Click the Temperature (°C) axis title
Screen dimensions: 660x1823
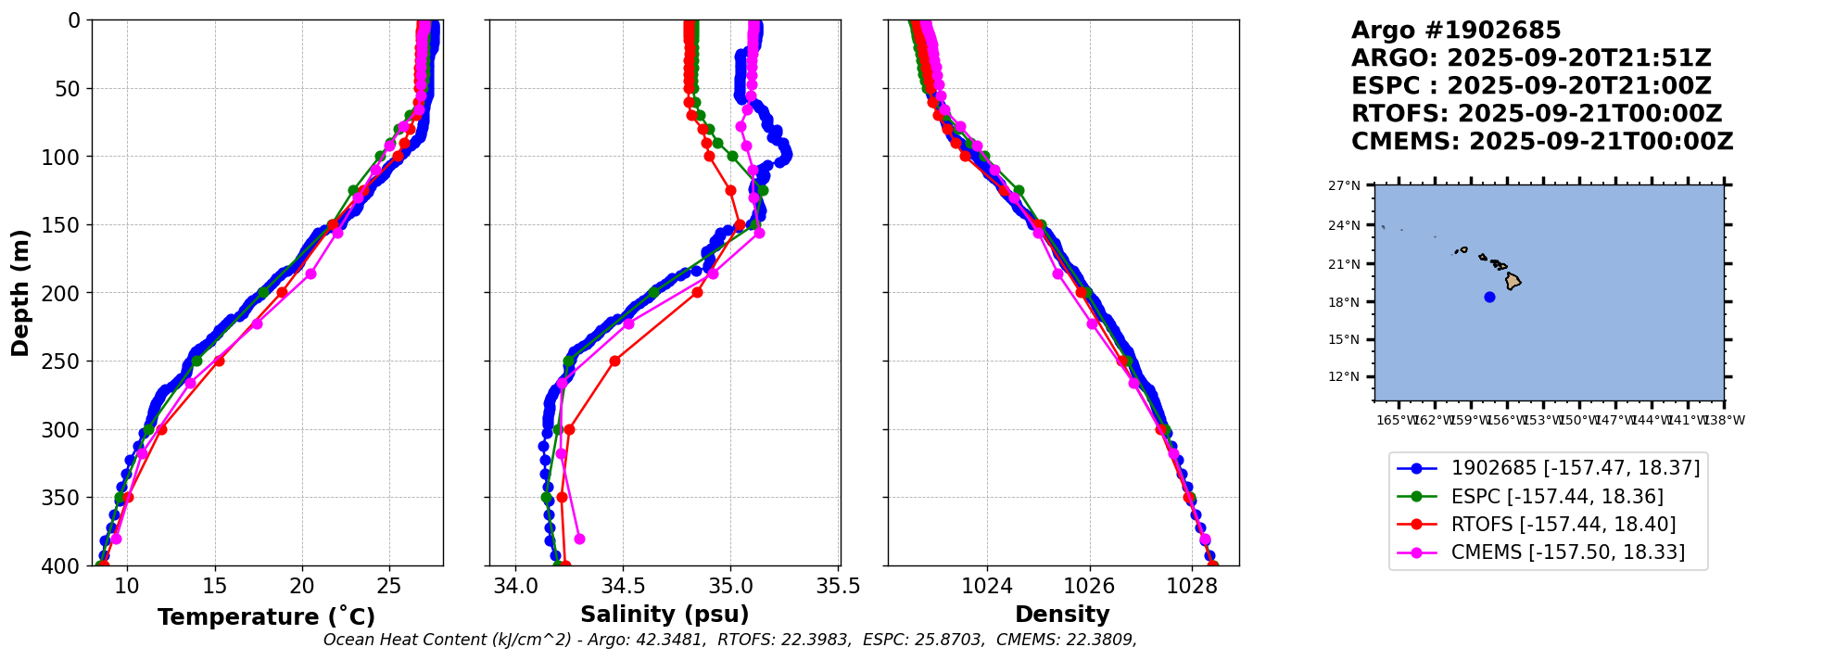coord(266,616)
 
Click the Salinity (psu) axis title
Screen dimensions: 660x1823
coord(665,615)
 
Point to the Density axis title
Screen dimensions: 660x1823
coord(1062,615)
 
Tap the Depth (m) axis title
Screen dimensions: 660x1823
coord(19,293)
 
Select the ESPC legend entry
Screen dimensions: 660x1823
coord(1557,497)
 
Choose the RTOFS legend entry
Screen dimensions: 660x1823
coord(1563,525)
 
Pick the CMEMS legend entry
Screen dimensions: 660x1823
coord(1567,552)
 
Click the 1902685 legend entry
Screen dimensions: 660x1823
coord(1575,469)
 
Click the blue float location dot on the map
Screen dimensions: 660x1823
coord(1489,297)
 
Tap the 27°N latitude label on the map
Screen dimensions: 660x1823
coord(1344,186)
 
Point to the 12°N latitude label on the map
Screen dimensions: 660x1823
coord(1344,376)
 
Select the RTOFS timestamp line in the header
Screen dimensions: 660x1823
coord(1536,114)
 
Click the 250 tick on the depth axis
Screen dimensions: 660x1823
coord(67,362)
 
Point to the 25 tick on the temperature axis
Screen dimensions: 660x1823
coord(389,586)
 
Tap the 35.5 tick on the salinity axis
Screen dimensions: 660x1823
coord(839,586)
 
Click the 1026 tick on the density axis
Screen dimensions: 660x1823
coord(1089,586)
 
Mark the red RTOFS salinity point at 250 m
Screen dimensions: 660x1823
coord(614,361)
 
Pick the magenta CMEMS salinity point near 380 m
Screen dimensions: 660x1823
coord(579,539)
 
